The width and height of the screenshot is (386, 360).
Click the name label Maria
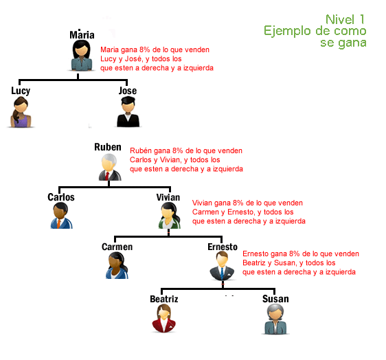click(x=82, y=35)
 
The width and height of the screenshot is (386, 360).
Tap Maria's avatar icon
click(x=82, y=56)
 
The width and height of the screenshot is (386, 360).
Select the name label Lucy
click(x=21, y=91)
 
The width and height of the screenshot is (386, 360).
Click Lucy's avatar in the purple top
click(x=22, y=111)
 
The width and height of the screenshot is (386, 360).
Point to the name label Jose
click(x=128, y=91)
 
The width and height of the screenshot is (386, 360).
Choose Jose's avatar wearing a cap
click(x=128, y=112)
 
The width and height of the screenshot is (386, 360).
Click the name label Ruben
click(x=108, y=148)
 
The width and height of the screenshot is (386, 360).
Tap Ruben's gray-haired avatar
click(x=109, y=167)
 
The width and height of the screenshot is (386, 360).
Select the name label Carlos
click(x=61, y=197)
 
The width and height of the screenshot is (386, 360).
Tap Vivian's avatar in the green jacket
click(x=169, y=216)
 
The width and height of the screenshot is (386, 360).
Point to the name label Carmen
click(x=117, y=247)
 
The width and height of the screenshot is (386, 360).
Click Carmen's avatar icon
click(x=117, y=266)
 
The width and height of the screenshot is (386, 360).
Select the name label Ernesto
click(x=223, y=247)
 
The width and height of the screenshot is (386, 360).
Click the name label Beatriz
click(x=164, y=299)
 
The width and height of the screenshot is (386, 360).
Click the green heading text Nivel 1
click(x=346, y=19)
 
